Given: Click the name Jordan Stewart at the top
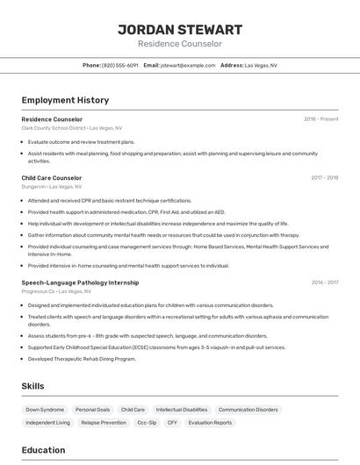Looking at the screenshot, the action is [x=180, y=29].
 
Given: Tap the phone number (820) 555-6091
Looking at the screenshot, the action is [x=120, y=65].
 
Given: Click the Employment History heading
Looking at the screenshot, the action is [x=65, y=100].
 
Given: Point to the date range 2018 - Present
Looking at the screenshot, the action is [x=321, y=118].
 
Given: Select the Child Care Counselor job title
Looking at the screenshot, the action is [x=52, y=177].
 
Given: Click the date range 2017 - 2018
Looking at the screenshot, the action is [x=324, y=177].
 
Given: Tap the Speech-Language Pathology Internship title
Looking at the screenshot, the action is [x=80, y=283].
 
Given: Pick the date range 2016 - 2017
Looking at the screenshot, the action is [x=324, y=283].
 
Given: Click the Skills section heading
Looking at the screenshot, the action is [x=33, y=386].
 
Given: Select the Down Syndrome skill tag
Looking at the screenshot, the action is [x=45, y=410].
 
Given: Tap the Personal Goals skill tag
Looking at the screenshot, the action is [x=92, y=410].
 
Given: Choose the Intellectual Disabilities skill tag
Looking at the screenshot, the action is [x=182, y=410].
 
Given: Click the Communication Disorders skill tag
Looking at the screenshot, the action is [x=248, y=410].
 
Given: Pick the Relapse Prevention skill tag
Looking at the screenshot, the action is [x=104, y=423].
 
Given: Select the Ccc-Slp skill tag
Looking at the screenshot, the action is [x=147, y=423].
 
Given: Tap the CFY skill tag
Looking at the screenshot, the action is [x=172, y=423].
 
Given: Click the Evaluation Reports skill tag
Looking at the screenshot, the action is [x=211, y=423].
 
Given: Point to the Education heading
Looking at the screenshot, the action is [x=43, y=450].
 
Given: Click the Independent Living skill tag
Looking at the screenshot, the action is [x=48, y=423].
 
